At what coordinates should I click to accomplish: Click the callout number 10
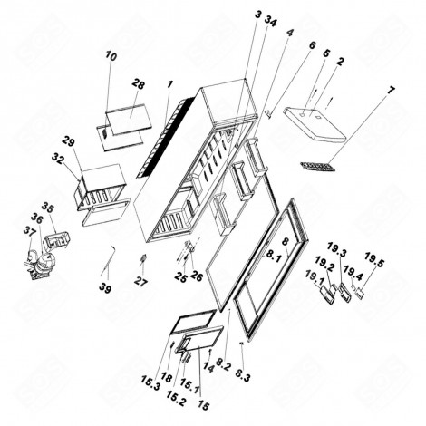pos(111,56)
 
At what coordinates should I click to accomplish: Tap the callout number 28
pos(138,84)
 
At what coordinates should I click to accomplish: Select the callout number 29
pos(67,141)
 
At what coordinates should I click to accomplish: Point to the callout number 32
pos(57,158)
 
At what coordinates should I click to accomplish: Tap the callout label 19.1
pos(313,278)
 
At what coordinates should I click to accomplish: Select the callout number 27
pos(140,282)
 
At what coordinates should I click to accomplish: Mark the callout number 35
pos(47,207)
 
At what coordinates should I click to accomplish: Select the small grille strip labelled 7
pos(315,167)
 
